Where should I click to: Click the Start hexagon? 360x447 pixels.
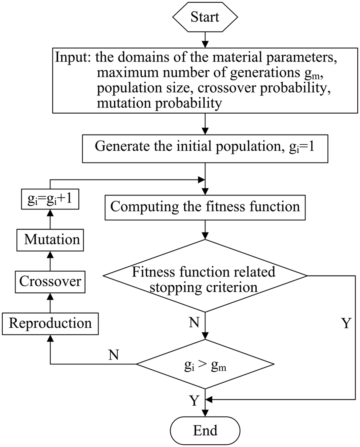[x=205, y=17]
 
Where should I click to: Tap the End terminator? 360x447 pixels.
[x=205, y=430]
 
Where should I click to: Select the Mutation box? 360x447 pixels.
[x=50, y=240]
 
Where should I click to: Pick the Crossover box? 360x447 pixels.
[x=50, y=282]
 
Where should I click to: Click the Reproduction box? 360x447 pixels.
[x=50, y=324]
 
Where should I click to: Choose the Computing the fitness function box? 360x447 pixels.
[x=205, y=207]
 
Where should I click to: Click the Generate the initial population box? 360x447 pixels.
[x=205, y=149]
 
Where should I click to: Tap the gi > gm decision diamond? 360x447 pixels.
[x=205, y=364]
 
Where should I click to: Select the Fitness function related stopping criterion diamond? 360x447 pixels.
[x=205, y=276]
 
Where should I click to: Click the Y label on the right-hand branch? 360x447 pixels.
[x=346, y=323]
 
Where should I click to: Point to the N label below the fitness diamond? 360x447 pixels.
[x=194, y=322]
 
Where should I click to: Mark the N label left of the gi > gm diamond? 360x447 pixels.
[x=114, y=355]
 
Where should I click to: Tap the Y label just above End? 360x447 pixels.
[x=194, y=400]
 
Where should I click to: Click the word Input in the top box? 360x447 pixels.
[x=72, y=57]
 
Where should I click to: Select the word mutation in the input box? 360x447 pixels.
[x=123, y=103]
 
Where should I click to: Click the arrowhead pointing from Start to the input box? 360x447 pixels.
[x=205, y=44]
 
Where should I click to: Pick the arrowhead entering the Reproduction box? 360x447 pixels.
[x=50, y=338]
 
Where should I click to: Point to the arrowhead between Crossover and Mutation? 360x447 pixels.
[x=50, y=255]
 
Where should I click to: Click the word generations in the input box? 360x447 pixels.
[x=265, y=73]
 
